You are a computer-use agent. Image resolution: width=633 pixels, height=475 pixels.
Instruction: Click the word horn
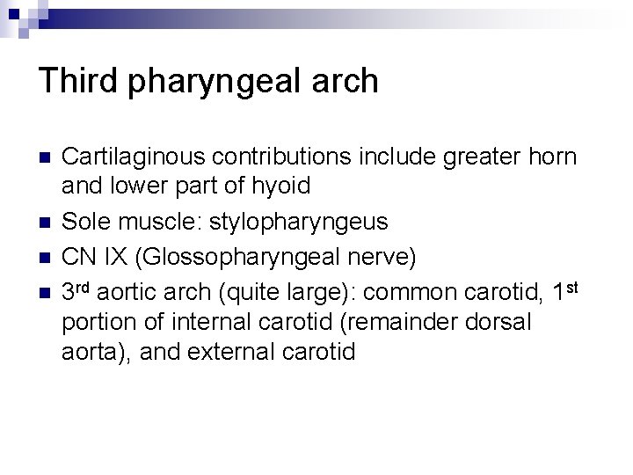coord(550,157)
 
